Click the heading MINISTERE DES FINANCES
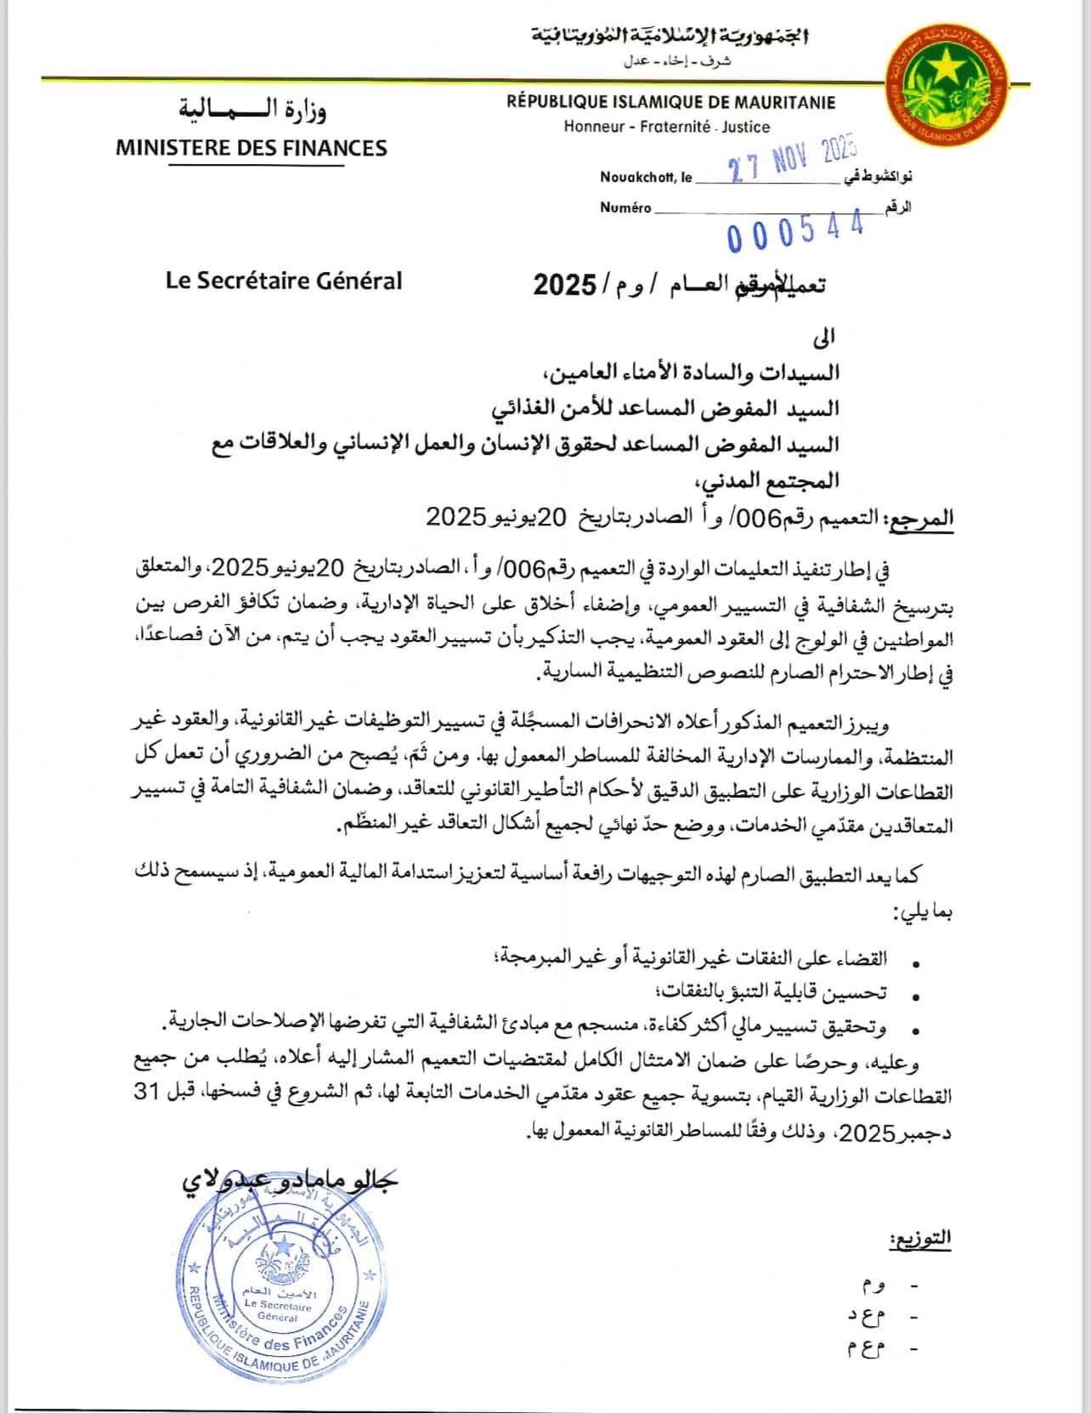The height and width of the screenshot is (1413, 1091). click(x=252, y=148)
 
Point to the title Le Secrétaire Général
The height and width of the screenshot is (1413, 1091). click(x=284, y=281)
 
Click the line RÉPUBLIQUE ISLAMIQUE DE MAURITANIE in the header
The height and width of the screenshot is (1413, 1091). click(x=670, y=103)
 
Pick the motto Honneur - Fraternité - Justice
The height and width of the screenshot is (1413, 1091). click(x=666, y=127)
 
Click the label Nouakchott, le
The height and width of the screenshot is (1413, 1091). click(x=646, y=178)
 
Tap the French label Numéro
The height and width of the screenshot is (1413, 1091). click(x=625, y=207)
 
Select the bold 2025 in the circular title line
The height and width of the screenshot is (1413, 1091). click(x=564, y=284)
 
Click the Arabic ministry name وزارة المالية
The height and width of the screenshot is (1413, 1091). click(x=252, y=109)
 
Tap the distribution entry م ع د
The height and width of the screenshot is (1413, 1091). click(x=866, y=1317)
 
